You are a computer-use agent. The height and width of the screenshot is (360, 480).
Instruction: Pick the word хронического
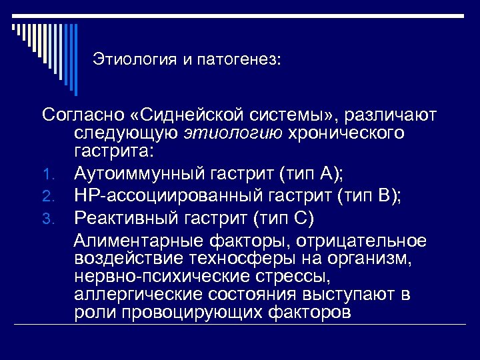345,133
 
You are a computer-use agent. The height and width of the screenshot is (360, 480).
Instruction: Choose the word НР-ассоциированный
173,197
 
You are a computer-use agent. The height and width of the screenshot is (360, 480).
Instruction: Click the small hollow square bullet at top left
14,28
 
